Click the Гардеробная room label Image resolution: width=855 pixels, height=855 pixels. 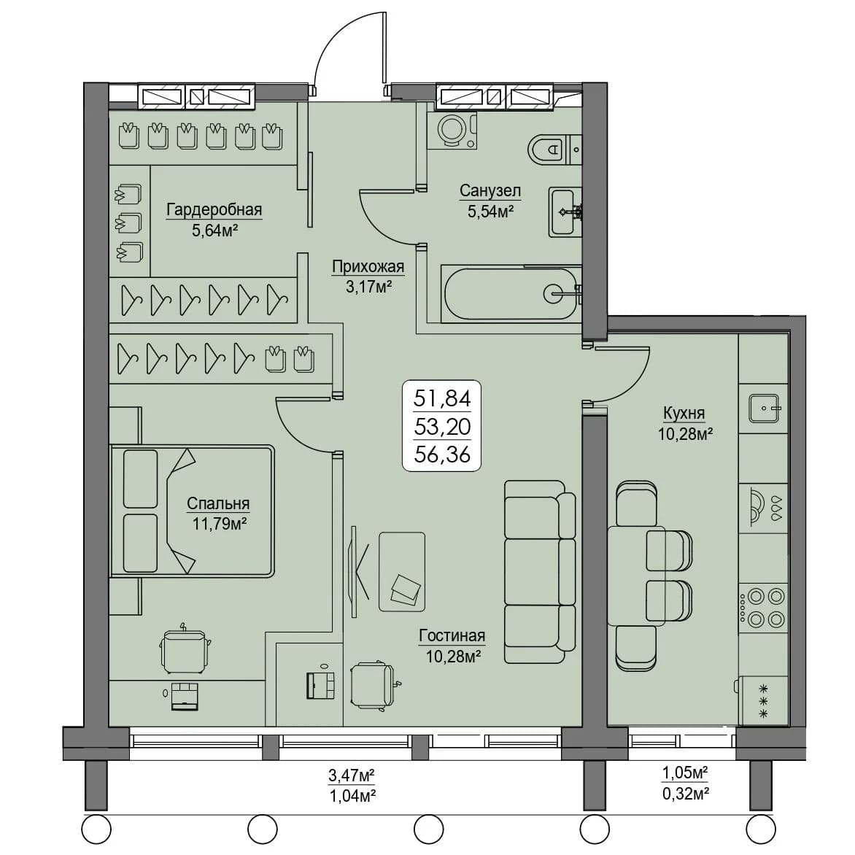click(214, 210)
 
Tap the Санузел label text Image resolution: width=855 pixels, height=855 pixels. click(490, 191)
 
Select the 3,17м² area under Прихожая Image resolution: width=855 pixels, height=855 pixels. click(369, 287)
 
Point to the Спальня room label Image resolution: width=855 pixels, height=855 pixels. click(218, 504)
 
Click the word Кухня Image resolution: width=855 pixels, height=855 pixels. click(684, 414)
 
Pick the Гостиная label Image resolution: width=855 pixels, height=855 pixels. click(452, 636)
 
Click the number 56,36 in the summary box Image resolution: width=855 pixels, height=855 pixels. click(442, 454)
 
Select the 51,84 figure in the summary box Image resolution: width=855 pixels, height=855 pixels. click(442, 398)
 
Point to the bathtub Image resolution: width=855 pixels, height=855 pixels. click(511, 295)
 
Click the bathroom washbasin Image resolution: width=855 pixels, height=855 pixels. click(565, 212)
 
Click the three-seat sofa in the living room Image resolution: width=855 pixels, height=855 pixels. click(540, 571)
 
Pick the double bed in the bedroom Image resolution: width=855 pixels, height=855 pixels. click(192, 511)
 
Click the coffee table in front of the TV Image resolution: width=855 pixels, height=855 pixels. click(402, 571)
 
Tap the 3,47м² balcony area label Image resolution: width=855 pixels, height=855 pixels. click(352, 775)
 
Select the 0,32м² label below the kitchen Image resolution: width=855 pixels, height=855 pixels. click(686, 794)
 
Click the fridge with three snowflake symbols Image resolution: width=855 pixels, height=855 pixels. click(763, 701)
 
